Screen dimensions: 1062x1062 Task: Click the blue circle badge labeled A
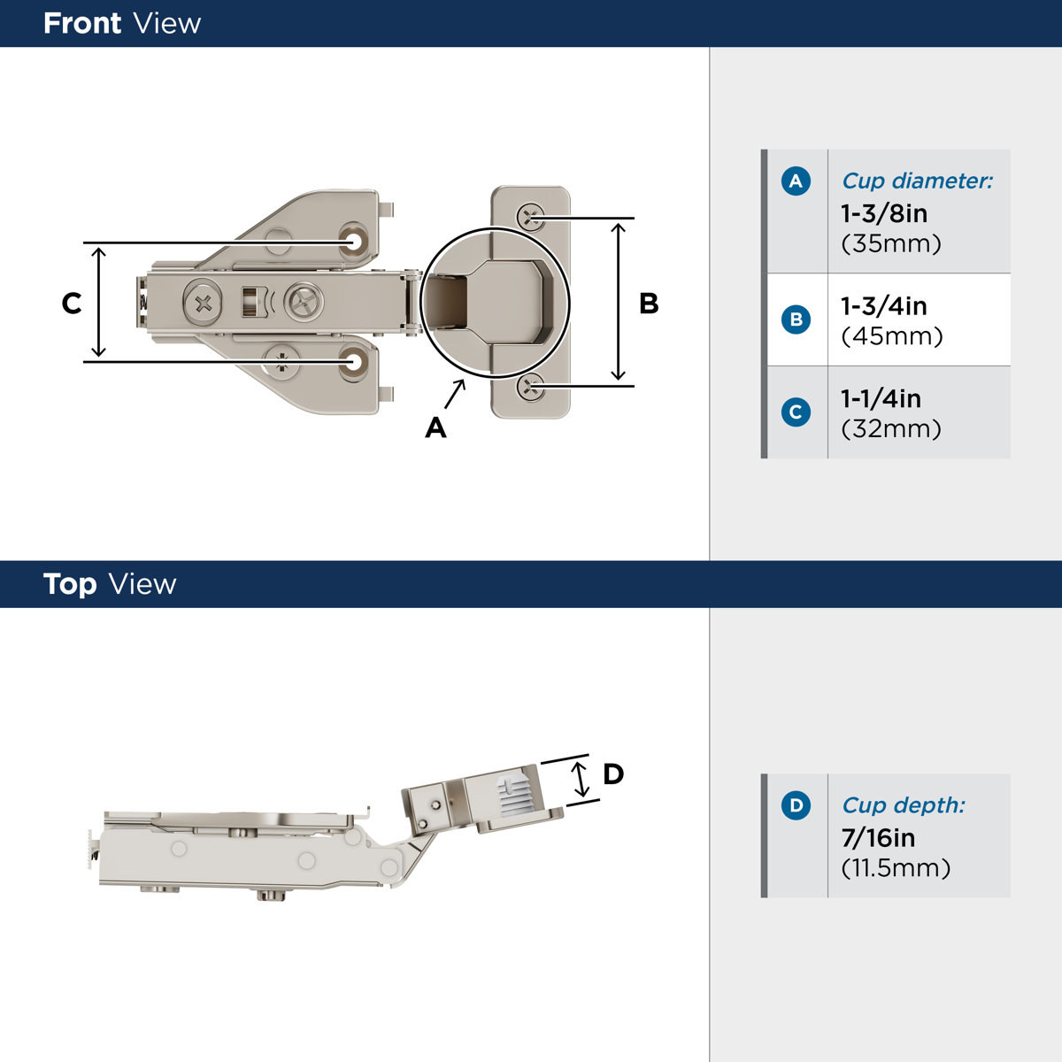796,181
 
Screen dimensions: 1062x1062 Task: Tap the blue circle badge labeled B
796,319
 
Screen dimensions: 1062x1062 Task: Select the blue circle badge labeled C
796,412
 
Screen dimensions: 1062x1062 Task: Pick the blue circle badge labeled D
796,805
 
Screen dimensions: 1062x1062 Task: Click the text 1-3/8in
884,213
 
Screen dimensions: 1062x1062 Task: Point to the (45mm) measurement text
891,336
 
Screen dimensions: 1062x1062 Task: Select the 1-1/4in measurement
881,398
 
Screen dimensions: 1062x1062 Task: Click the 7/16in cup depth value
878,837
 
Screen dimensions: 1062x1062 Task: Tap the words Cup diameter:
917,181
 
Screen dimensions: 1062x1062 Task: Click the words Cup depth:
903,805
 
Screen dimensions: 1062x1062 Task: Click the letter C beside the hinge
72,304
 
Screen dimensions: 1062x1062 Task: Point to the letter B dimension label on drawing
649,304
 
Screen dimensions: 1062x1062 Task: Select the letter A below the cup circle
435,428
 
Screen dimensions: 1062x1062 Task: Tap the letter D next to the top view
613,774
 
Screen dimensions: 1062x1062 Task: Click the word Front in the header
82,23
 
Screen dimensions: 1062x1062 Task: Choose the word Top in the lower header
70,584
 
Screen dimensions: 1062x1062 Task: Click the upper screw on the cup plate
531,216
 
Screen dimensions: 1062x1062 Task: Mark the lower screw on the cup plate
531,385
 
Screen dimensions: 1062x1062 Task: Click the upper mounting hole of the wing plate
356,241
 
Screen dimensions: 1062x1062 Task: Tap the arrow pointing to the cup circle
455,393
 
